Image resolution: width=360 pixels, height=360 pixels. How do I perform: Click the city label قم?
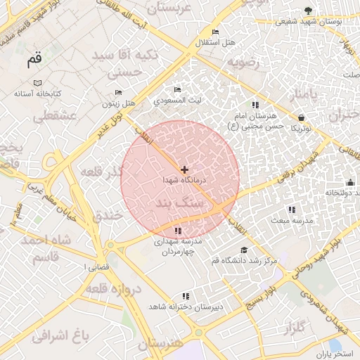34,60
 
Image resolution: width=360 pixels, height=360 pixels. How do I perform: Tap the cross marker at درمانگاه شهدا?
184,169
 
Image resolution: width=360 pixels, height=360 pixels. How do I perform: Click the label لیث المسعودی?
177,100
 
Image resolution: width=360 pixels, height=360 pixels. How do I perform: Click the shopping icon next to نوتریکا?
301,117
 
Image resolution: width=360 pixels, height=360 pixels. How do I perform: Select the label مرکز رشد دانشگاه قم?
245,261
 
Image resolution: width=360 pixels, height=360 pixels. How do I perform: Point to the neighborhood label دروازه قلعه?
113,288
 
